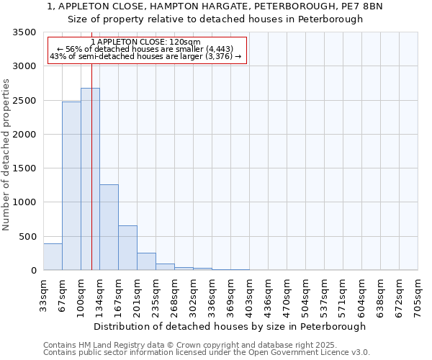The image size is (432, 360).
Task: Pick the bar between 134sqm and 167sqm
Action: (109, 227)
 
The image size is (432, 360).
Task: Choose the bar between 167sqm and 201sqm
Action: (127, 248)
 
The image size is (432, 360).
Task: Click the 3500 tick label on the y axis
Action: (24, 32)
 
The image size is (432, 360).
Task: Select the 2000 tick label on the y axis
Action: (24, 135)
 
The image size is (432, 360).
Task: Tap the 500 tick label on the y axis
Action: (27, 236)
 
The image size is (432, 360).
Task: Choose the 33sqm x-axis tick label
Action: (43, 294)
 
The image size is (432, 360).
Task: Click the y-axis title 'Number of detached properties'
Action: (6, 155)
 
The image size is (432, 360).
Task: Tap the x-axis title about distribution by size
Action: (230, 326)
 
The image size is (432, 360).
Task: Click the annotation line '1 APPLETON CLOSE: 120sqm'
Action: (146, 42)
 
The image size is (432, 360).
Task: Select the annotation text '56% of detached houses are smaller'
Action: (146, 49)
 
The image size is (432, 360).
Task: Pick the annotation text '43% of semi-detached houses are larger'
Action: (146, 56)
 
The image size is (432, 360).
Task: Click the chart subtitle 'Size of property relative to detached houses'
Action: (215, 19)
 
